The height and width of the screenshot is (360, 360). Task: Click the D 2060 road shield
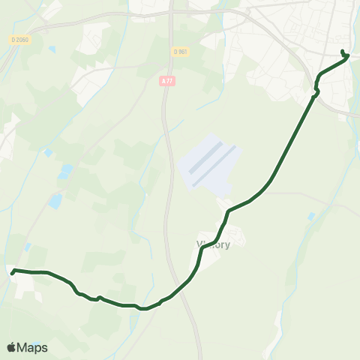click(x=20, y=38)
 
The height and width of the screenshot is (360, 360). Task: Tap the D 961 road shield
click(x=180, y=52)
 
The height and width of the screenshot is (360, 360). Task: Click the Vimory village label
click(x=212, y=244)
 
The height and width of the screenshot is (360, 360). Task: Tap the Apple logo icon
click(x=12, y=347)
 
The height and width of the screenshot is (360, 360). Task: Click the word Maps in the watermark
click(x=33, y=347)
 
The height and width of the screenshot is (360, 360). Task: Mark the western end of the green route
click(x=13, y=274)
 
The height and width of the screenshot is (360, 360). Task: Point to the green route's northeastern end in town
click(x=343, y=51)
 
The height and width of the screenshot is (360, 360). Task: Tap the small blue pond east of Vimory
click(x=311, y=216)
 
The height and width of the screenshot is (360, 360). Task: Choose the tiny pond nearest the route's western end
click(x=28, y=247)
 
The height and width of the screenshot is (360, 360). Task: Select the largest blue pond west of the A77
click(x=55, y=201)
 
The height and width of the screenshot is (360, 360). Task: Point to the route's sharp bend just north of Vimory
click(x=227, y=211)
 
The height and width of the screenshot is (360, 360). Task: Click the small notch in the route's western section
click(x=98, y=298)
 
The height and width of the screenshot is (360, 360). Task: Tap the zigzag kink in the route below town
click(x=316, y=92)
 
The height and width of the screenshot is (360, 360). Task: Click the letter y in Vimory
click(x=226, y=245)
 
